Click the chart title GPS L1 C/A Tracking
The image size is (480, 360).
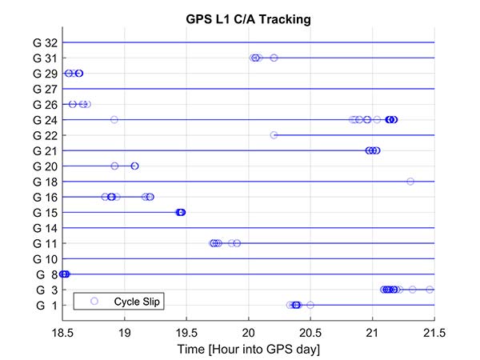tap(248, 19)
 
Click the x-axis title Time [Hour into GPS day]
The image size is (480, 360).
tap(248, 349)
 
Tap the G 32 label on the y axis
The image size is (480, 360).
tap(45, 42)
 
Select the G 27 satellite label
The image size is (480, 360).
tap(45, 89)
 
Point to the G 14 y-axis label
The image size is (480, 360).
tap(45, 228)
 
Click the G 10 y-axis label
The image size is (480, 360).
tap(45, 259)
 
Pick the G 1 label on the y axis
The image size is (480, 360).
tap(46, 305)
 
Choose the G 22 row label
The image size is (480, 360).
tap(45, 135)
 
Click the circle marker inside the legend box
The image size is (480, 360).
tap(94, 301)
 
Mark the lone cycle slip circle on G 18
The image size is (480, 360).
tap(410, 182)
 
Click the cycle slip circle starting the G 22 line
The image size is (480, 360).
tap(274, 135)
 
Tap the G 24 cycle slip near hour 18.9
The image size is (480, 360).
tap(114, 120)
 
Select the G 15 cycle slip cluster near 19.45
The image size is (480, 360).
tap(181, 212)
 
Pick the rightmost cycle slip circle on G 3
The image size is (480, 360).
tap(430, 290)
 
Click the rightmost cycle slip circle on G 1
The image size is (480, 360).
tap(310, 305)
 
